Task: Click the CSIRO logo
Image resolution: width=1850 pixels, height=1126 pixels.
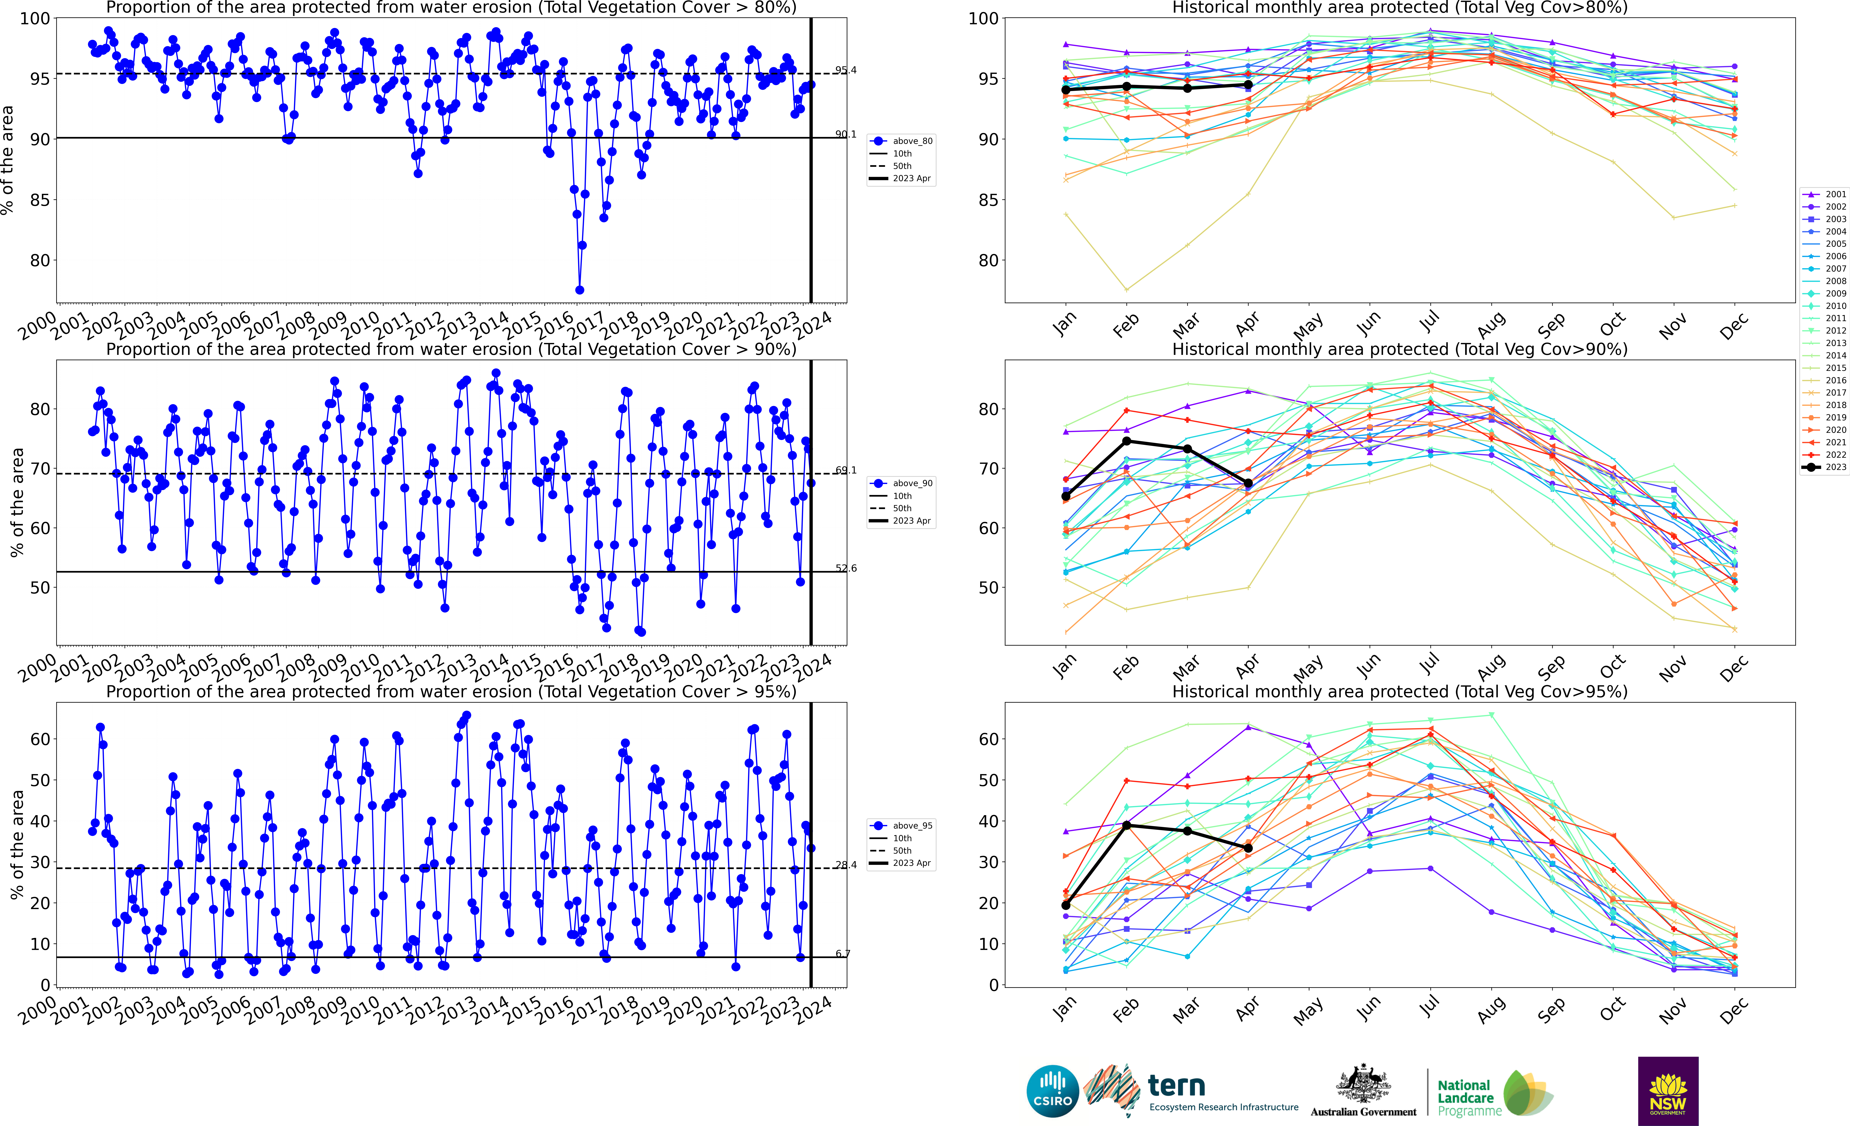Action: (x=1053, y=1091)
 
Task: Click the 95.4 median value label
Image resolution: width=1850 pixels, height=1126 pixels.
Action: (x=845, y=71)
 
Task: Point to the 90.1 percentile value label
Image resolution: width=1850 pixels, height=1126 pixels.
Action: (x=845, y=134)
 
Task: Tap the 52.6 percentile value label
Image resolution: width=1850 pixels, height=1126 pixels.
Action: (x=845, y=568)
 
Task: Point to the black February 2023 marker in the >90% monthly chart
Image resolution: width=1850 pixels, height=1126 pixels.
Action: (x=1126, y=441)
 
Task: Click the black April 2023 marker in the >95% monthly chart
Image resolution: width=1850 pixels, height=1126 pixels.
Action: (x=1248, y=848)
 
